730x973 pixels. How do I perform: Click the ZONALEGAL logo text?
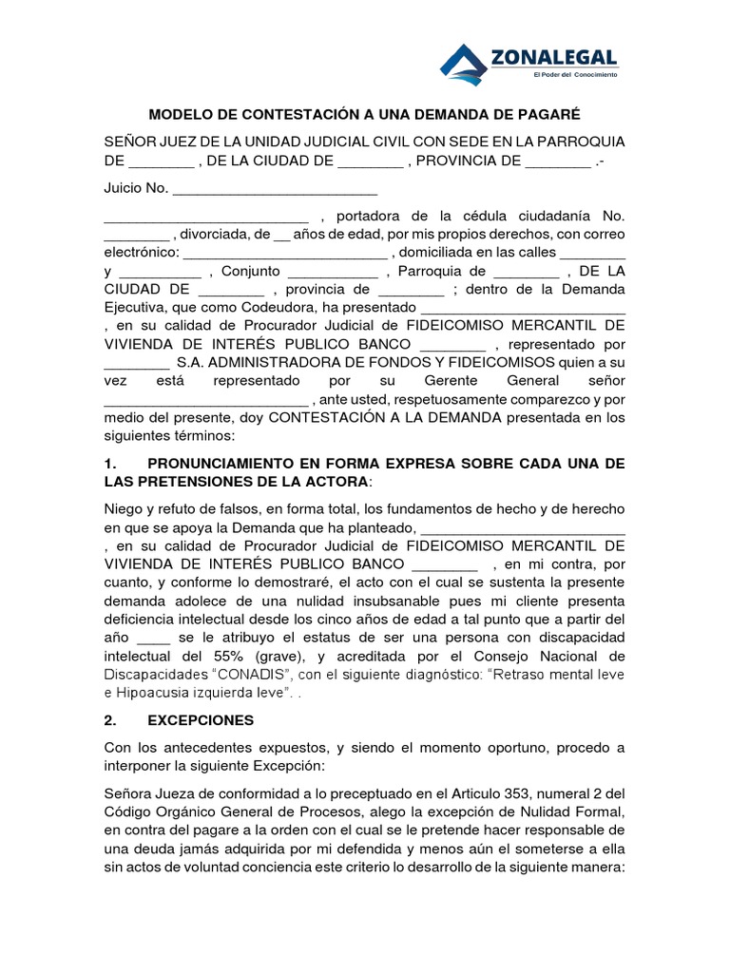554,58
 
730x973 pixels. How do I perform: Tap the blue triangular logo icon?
464,62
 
